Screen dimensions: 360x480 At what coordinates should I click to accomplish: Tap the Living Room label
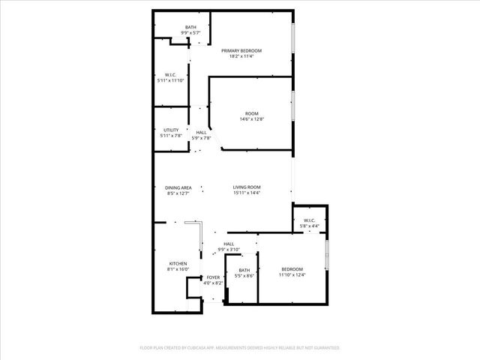point(246,187)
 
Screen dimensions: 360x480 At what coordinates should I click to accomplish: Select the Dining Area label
point(178,187)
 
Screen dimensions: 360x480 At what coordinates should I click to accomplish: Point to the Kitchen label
point(178,264)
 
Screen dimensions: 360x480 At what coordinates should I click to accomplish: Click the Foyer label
point(214,277)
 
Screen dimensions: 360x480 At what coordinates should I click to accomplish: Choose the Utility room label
point(171,130)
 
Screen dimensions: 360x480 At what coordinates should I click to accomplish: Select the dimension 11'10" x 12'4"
point(292,275)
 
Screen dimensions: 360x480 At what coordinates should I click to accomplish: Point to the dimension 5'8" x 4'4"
point(310,226)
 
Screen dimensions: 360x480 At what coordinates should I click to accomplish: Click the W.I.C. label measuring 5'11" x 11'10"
point(170,80)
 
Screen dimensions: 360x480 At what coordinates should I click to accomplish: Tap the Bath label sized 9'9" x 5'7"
point(191,28)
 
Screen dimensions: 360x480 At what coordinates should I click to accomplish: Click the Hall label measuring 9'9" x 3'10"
point(229,243)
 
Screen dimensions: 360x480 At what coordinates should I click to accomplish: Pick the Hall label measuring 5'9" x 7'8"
point(201,133)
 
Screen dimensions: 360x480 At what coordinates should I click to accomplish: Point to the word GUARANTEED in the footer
point(323,348)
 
